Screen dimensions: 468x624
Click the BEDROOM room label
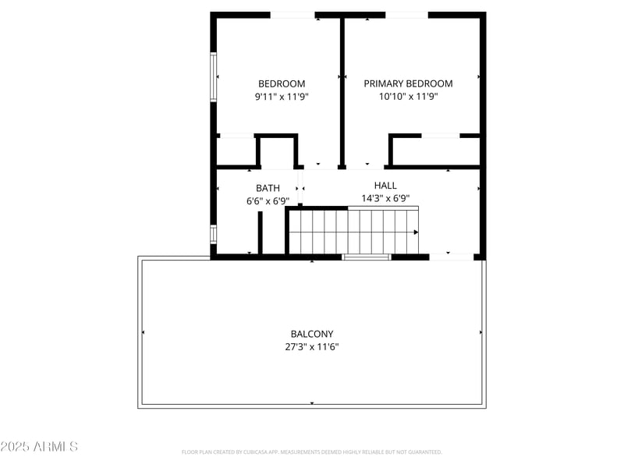point(282,83)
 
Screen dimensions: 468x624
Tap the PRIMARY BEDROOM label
point(408,83)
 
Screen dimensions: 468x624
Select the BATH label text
point(268,188)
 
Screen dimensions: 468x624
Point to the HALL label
point(385,186)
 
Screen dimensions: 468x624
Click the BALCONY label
point(312,334)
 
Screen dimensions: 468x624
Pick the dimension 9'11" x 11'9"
point(282,97)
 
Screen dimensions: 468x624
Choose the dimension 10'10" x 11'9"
point(408,97)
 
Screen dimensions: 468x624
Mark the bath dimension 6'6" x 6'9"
point(268,200)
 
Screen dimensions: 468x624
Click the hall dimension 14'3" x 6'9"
point(385,198)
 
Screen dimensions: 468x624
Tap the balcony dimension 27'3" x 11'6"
point(312,346)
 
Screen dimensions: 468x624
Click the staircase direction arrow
point(416,232)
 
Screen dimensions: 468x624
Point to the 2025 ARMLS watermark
point(39,447)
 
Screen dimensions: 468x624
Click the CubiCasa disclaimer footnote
point(312,452)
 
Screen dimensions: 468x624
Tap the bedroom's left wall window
point(213,76)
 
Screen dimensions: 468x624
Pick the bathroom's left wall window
point(213,233)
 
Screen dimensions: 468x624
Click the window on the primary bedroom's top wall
point(406,15)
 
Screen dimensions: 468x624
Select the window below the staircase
point(367,257)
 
